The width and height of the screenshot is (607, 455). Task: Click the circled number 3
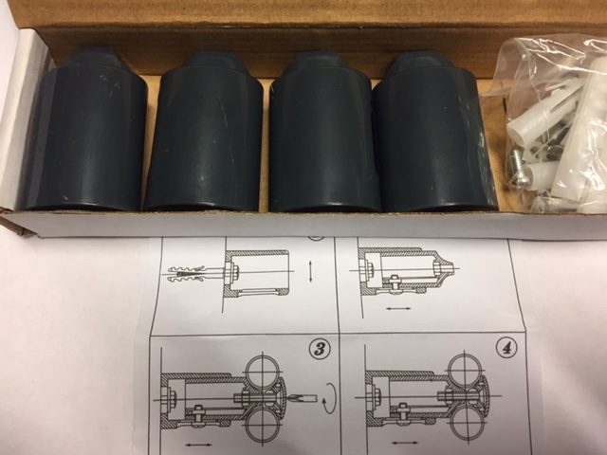tap(320, 349)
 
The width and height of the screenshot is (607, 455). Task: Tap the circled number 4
tap(506, 349)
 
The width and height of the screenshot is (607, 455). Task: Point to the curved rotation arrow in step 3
tap(330, 398)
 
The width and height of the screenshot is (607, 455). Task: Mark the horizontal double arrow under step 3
tap(198, 445)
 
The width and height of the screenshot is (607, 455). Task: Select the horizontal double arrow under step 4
tap(405, 443)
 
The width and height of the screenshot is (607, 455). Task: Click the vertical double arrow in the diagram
tap(312, 272)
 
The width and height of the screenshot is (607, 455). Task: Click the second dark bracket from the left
tap(205, 131)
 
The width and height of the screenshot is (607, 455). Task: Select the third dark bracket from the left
tap(322, 132)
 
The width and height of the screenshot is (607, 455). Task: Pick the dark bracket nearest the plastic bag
tap(433, 132)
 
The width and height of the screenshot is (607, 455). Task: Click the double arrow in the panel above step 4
tap(398, 308)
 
